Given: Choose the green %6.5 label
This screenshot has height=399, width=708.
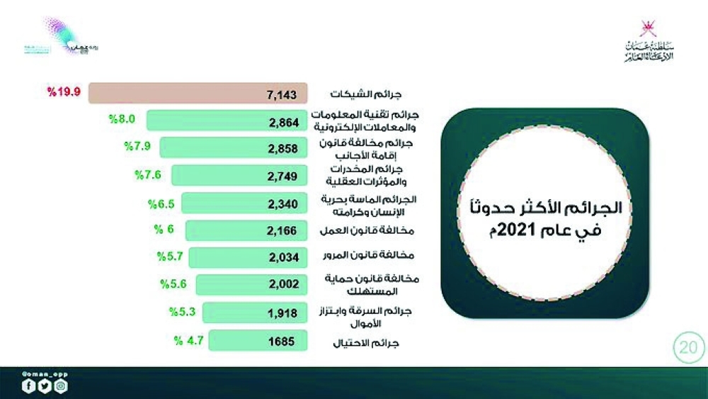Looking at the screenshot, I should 161,203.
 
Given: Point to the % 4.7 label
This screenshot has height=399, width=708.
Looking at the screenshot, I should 189,339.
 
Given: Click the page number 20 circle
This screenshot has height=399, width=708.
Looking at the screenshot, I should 687,349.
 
